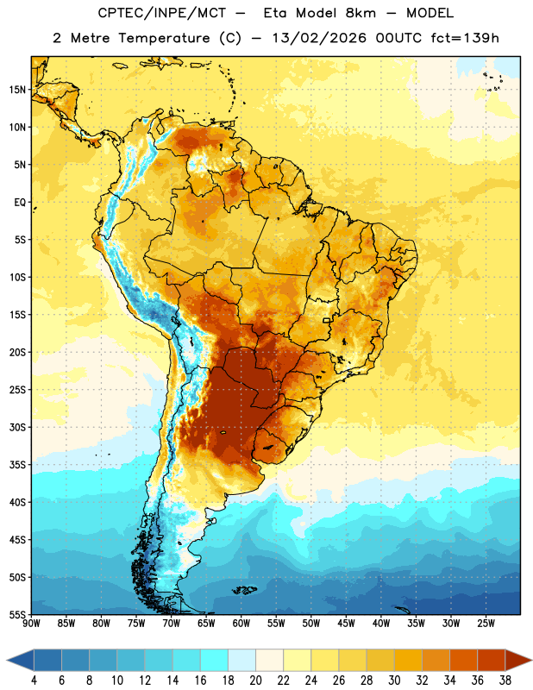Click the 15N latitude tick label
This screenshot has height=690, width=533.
(x=17, y=90)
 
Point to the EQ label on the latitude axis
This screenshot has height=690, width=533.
(x=20, y=203)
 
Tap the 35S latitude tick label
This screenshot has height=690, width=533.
(x=17, y=465)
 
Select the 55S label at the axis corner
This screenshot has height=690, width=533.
(x=17, y=614)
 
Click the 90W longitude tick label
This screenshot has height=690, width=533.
(x=31, y=624)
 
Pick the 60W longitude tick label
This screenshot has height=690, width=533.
(x=241, y=624)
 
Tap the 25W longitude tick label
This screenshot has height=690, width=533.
(x=486, y=624)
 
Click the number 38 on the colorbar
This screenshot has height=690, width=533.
(x=505, y=681)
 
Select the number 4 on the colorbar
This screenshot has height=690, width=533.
(x=34, y=681)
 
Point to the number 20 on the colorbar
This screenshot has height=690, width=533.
(x=255, y=681)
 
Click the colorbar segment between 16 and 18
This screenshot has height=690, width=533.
(x=215, y=660)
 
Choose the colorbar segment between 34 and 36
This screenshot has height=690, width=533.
(x=463, y=660)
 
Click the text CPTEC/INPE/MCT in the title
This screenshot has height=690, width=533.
(x=161, y=13)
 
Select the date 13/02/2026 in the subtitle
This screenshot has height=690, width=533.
(x=319, y=38)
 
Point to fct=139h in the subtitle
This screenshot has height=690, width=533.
(x=465, y=38)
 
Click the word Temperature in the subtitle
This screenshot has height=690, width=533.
(x=164, y=38)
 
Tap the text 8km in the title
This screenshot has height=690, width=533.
(x=361, y=13)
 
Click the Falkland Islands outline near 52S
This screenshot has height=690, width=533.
(x=245, y=590)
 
